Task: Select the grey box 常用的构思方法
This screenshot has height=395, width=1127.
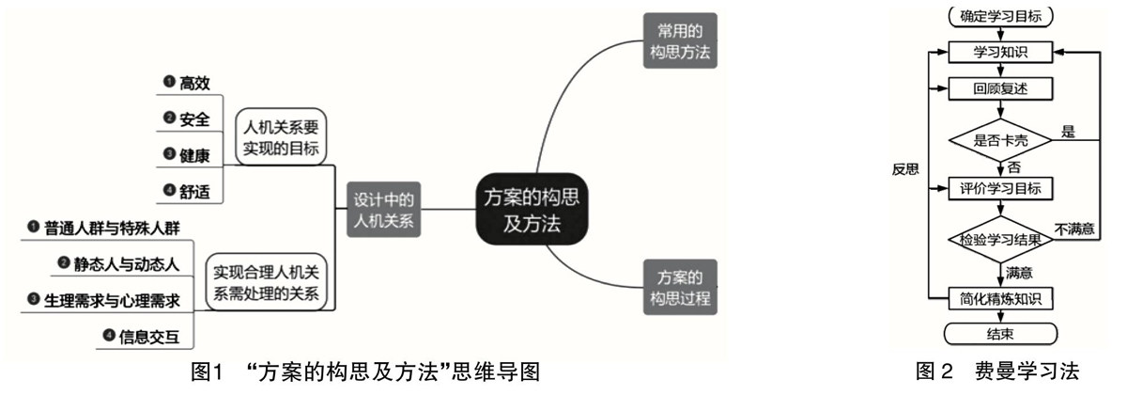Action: pos(680,42)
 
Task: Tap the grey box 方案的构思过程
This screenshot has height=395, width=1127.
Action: pos(680,288)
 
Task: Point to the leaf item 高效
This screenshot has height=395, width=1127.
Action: pos(193,84)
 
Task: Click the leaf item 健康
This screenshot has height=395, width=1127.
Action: pos(193,155)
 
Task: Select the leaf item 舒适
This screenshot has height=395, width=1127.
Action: pos(193,191)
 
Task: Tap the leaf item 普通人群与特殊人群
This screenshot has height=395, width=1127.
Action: pos(112,227)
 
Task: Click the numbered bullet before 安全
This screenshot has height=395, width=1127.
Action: pos(169,118)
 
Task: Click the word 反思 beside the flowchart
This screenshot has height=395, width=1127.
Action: pos(906,170)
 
